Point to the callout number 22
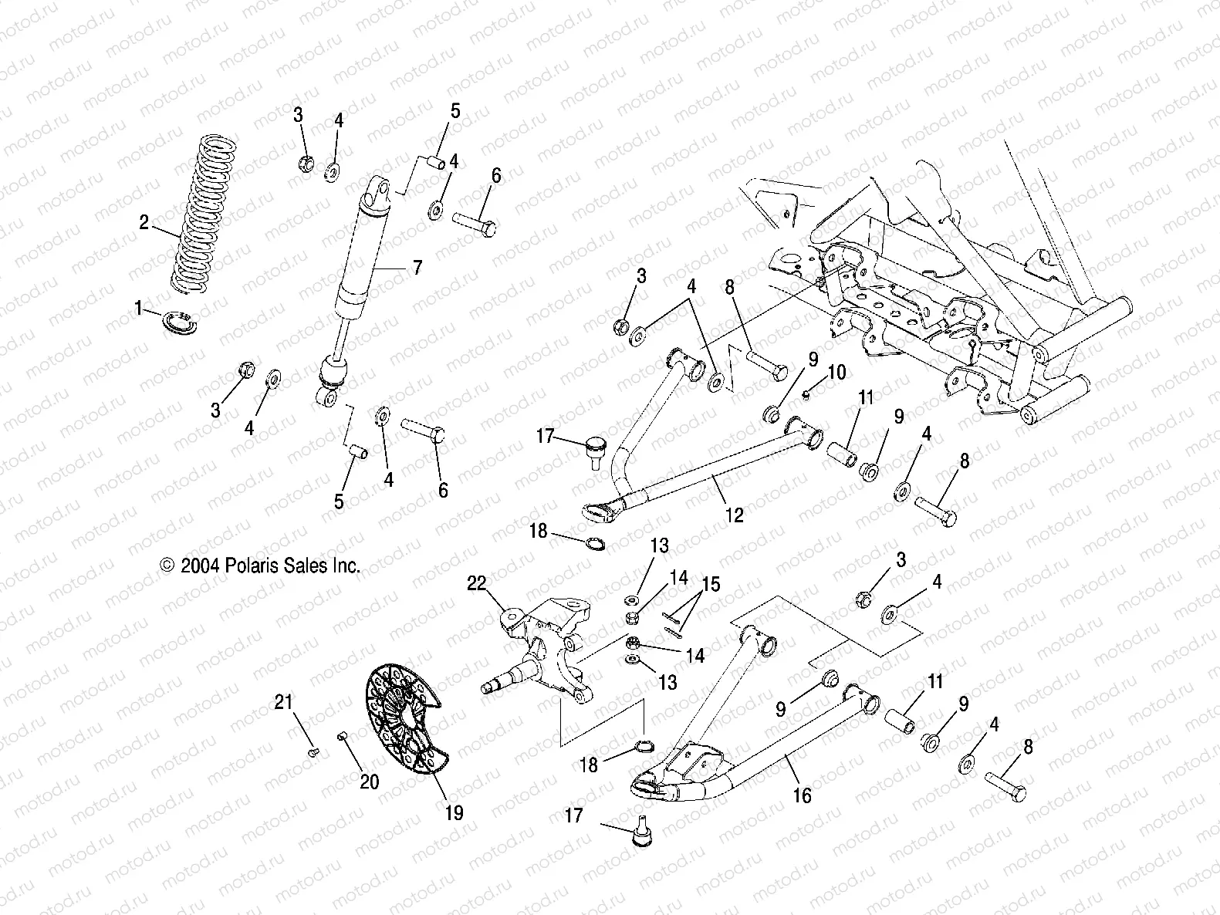[x=477, y=584]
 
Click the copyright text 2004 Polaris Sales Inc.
[x=261, y=566]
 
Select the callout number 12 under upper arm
[x=734, y=515]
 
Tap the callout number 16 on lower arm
[x=803, y=795]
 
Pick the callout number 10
[x=836, y=373]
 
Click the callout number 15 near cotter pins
[x=710, y=584]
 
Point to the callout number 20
[x=370, y=782]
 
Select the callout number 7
[x=417, y=268]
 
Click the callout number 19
[x=454, y=812]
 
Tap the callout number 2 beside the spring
[x=144, y=223]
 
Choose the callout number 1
[x=140, y=309]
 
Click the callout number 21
[x=284, y=701]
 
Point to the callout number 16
[x=803, y=795]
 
